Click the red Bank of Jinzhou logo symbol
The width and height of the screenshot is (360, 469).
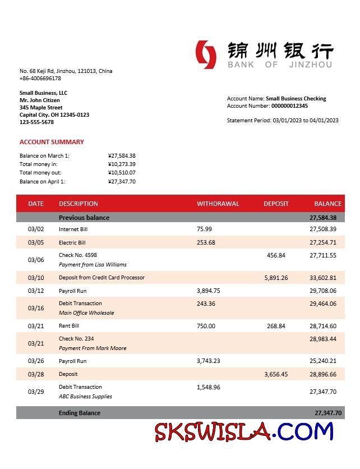tap(206, 54)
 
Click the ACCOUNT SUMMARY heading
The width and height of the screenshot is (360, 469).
tap(52, 142)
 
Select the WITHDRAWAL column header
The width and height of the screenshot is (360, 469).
tap(218, 204)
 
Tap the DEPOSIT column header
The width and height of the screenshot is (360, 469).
tap(276, 204)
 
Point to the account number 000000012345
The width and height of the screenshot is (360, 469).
tap(289, 105)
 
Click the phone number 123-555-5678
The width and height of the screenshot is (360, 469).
tap(36, 122)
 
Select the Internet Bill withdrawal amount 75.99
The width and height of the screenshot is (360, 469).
tap(204, 229)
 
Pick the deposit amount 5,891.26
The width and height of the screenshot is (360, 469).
tap(275, 278)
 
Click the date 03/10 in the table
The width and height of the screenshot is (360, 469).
tap(35, 278)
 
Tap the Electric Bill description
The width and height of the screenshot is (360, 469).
tap(72, 243)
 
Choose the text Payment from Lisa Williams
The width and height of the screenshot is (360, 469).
tap(93, 264)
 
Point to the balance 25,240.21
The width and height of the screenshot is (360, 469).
tap(322, 361)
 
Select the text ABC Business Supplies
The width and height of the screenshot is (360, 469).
tap(85, 396)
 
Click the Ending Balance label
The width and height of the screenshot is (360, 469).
tap(79, 413)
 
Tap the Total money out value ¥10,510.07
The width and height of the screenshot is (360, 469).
tap(122, 173)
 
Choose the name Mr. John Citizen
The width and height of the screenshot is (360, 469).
tap(39, 100)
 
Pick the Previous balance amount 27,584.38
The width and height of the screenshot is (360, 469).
tap(322, 218)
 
